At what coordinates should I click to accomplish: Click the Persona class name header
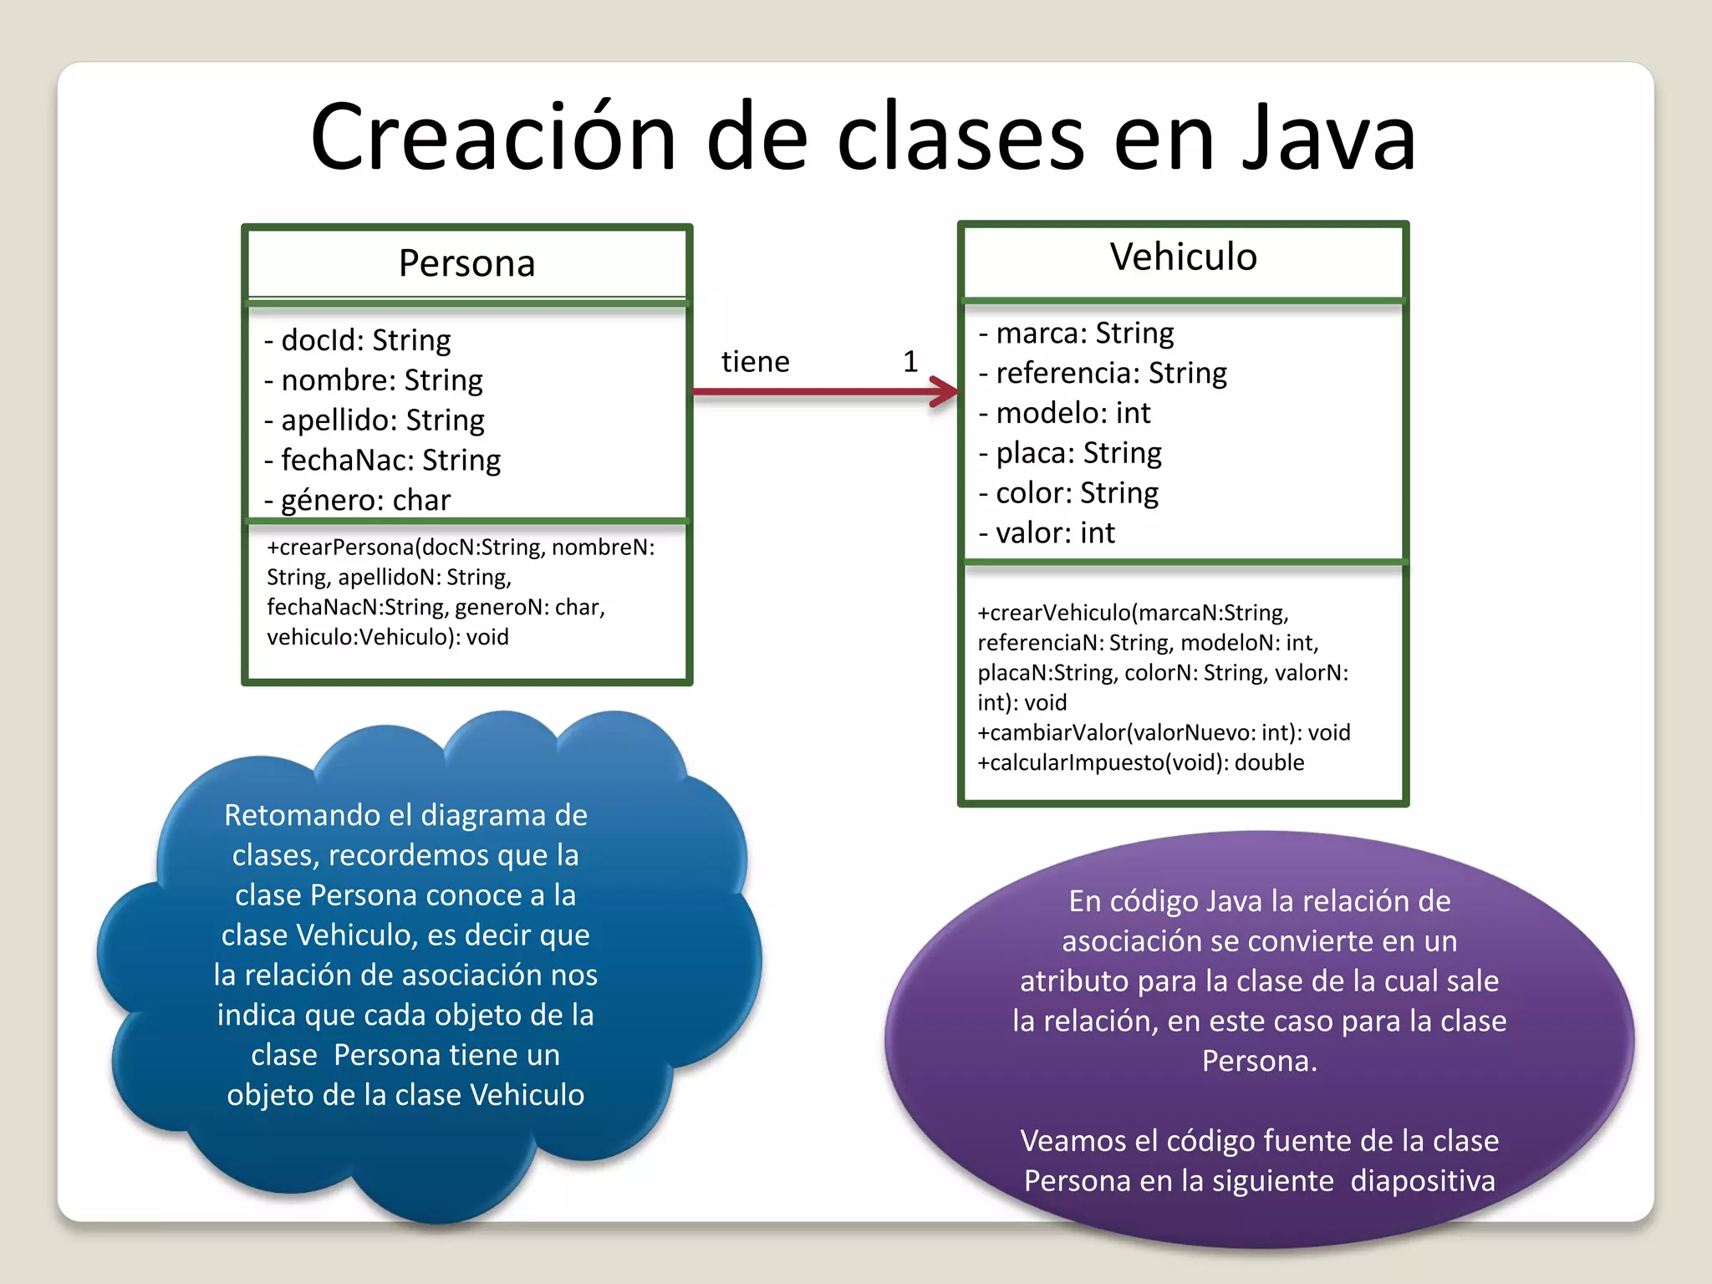[x=466, y=263]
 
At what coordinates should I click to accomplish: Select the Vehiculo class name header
[x=1183, y=257]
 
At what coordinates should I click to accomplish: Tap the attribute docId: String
[x=358, y=340]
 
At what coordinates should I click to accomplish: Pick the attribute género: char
[x=358, y=500]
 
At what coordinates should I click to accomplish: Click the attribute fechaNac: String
[x=383, y=460]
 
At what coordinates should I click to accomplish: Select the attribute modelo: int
[x=1065, y=413]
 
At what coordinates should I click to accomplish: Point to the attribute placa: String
[x=1071, y=453]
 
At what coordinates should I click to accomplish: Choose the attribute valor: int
[x=1047, y=532]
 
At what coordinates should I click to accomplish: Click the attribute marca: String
[x=1077, y=333]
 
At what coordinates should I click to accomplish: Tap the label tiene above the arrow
[x=755, y=362]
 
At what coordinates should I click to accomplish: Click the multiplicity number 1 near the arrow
[x=910, y=361]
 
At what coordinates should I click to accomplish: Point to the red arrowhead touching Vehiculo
[x=946, y=391]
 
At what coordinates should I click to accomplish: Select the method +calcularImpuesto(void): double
[x=1140, y=762]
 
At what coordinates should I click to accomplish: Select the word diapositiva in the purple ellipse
[x=1423, y=1181]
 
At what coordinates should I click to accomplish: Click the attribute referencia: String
[x=1103, y=373]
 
